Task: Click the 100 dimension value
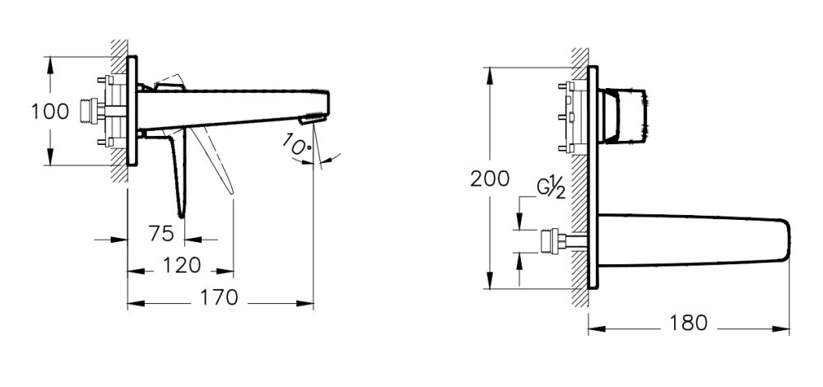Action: [x=50, y=111]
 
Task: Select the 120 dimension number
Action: [x=181, y=266]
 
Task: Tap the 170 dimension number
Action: [x=220, y=297]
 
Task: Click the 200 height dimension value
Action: [x=491, y=180]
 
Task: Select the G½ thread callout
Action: [x=551, y=189]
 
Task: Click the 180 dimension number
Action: [x=688, y=324]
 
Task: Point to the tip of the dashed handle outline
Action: [x=234, y=195]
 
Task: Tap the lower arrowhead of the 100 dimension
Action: [x=52, y=163]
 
